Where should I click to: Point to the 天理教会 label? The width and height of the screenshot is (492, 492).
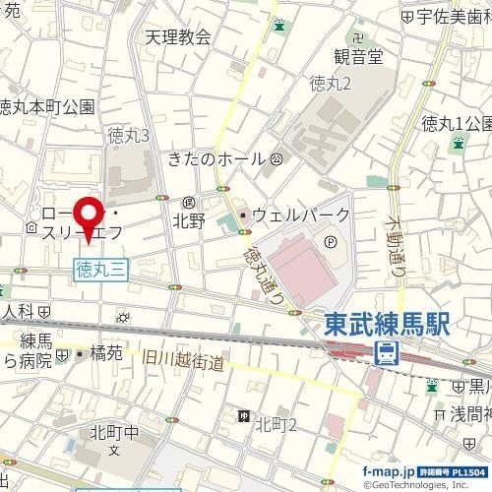[x=177, y=37]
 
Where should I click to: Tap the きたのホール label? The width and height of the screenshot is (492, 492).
[x=217, y=158]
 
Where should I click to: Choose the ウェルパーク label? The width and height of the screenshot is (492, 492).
[x=301, y=214]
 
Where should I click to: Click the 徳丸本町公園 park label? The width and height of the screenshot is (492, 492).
[x=47, y=106]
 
